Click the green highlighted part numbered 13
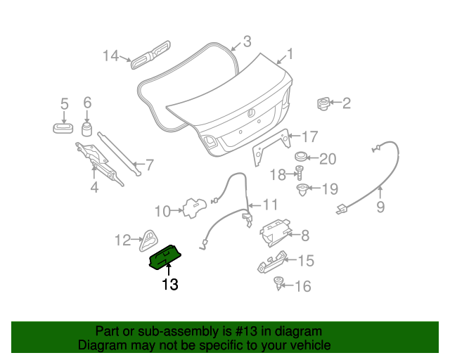166,257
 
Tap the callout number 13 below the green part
169,285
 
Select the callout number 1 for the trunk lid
289,53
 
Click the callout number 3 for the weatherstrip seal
246,41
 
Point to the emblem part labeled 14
150,55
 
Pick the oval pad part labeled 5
64,127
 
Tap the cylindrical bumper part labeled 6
87,129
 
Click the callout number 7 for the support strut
148,166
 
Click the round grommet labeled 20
300,157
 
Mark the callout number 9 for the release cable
380,207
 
